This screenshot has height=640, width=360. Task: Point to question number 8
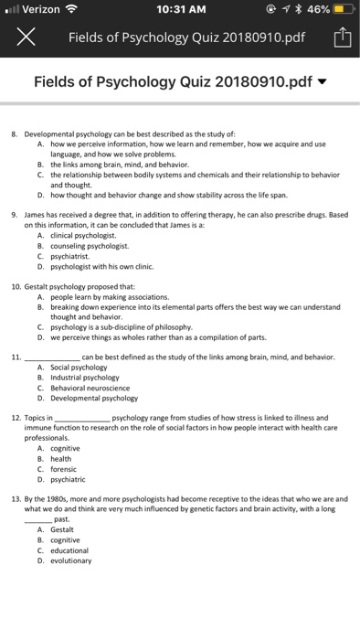tap(27, 133)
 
